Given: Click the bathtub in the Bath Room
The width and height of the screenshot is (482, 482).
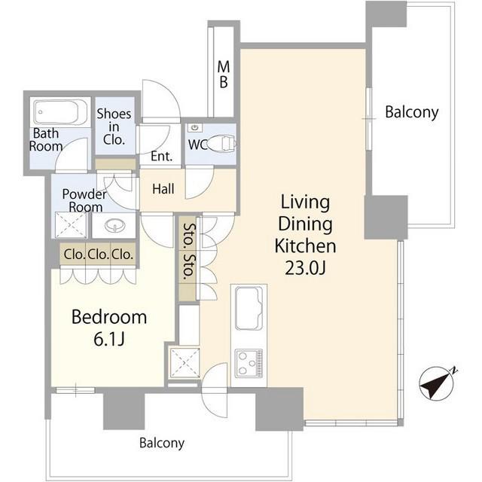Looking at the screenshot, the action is [60, 112].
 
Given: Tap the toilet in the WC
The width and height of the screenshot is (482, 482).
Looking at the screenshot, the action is [222, 143].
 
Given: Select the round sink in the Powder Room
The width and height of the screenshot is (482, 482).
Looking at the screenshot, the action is [115, 226].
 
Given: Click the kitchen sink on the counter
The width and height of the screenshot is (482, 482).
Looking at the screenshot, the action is [249, 308].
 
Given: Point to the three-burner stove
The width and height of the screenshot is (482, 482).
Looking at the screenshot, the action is [249, 363].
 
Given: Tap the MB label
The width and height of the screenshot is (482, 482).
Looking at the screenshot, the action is [224, 75].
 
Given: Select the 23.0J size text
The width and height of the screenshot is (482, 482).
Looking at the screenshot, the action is [305, 268].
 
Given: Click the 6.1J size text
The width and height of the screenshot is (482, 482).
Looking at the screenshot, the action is [108, 340].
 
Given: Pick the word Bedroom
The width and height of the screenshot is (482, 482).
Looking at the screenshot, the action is [109, 317].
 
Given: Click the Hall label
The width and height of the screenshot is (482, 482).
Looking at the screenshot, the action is [163, 189].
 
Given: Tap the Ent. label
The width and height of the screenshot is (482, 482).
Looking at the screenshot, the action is [161, 157].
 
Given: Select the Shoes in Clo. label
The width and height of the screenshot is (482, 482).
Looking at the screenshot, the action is [114, 127].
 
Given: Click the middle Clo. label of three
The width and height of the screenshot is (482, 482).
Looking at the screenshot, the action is [99, 255].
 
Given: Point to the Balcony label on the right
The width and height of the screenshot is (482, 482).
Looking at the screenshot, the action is [412, 112].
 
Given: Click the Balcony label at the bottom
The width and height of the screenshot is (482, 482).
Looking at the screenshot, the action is [162, 444].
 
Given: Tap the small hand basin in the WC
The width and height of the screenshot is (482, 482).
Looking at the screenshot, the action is [195, 127].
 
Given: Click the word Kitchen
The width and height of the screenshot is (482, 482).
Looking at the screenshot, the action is [305, 246].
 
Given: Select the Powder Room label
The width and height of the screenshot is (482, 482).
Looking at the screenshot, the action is [84, 200].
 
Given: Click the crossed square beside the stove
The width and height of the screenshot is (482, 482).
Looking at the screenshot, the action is [185, 363].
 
